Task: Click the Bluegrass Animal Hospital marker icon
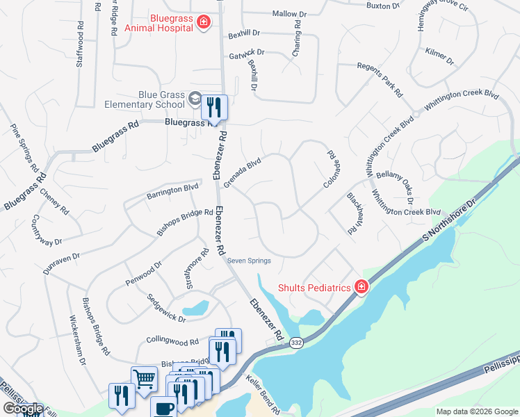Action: coord(204,23)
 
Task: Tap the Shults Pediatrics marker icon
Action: coord(361,286)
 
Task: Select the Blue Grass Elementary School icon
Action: coord(194,99)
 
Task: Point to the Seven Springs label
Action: coord(249,261)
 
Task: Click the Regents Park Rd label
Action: coord(380,78)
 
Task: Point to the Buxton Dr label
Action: coord(383,6)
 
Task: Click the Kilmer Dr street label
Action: coord(439,57)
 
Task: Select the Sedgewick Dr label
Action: coord(165,308)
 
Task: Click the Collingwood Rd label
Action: coord(173,341)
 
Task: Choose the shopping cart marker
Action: coord(144,379)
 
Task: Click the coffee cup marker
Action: coord(163,408)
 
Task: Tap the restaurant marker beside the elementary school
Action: coord(213,107)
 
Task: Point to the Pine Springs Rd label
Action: coord(24,148)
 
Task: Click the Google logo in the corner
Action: coord(22,409)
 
